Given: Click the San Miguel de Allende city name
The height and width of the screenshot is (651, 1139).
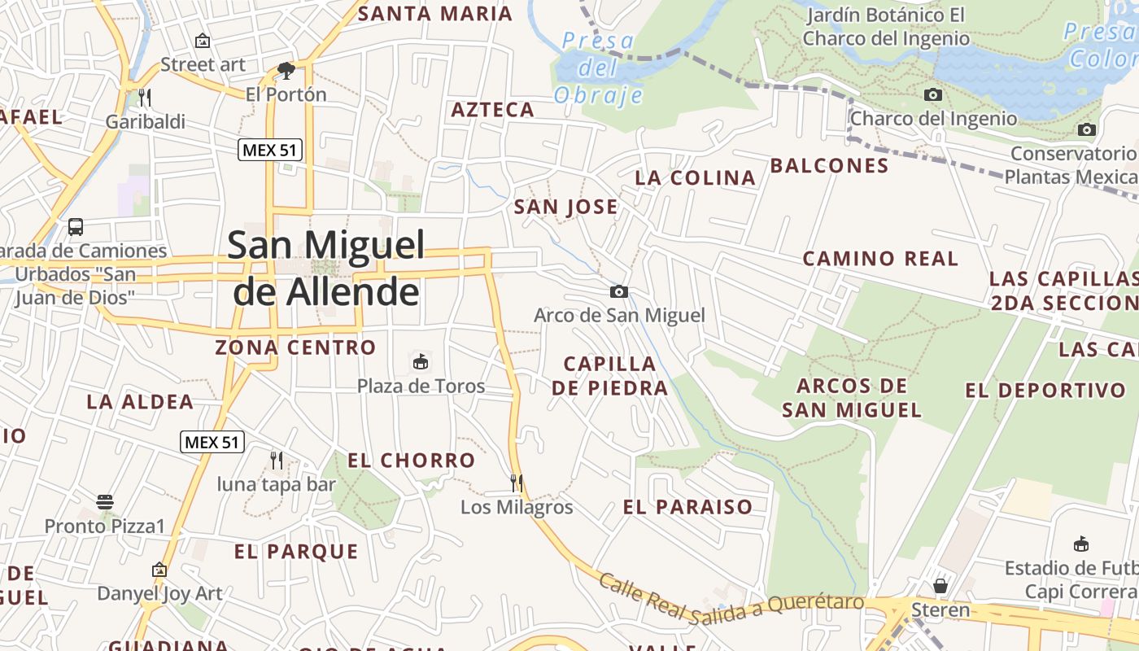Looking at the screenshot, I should coord(325,267).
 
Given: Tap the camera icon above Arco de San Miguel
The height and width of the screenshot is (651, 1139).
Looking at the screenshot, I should coord(619,291).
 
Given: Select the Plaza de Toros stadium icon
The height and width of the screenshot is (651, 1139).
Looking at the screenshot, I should coord(421,361).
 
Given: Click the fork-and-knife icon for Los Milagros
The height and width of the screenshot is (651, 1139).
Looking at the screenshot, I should coord(516,483).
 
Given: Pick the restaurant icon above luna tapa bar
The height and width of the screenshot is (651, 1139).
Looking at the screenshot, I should coord(277,461).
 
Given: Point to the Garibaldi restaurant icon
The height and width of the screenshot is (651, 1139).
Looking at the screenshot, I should coord(145,98).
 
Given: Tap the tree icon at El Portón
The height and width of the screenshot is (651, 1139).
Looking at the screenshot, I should coord(286,71).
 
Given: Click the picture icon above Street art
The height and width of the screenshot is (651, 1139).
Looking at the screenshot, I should coord(202,41).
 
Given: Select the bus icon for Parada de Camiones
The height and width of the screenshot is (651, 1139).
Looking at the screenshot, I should coord(76,227).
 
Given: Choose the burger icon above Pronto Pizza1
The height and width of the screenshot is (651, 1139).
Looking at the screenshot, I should coord(104,502).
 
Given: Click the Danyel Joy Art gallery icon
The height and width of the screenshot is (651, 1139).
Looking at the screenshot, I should coord(159,570).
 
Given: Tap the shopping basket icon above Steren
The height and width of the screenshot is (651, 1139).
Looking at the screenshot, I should coord(940,586).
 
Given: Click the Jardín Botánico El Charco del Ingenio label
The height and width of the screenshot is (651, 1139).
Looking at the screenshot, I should coord(885,27).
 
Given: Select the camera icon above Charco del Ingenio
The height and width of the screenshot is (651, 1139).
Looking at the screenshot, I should coord(933,95).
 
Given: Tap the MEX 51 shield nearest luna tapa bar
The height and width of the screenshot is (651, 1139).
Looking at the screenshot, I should coord(212,442).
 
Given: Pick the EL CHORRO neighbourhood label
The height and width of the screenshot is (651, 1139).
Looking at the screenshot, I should coord(411,461).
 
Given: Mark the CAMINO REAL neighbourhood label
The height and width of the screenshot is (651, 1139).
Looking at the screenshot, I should coord(880,259).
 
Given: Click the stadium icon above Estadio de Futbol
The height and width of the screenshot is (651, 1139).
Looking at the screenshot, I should coord(1081,544).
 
